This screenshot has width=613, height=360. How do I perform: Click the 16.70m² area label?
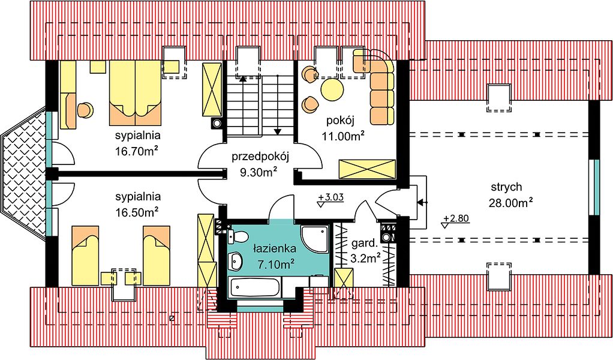click(x=136, y=151)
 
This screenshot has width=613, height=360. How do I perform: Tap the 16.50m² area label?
click(x=136, y=212)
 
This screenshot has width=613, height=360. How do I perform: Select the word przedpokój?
click(x=260, y=158)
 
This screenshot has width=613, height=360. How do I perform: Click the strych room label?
click(x=506, y=187)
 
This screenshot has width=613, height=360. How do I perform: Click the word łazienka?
click(x=275, y=248)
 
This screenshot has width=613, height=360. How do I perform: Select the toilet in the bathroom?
click(x=239, y=236)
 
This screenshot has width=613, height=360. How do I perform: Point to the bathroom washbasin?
click(x=236, y=260)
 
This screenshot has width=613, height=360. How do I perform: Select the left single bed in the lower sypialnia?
click(x=85, y=255)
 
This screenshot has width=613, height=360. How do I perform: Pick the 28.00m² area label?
click(x=511, y=202)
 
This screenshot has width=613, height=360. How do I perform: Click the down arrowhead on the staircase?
click(x=278, y=132)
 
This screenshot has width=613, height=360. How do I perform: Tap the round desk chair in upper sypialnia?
click(x=85, y=110)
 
